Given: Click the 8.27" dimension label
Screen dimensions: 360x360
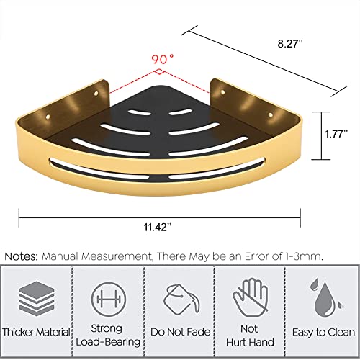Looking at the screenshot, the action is pos(290,44).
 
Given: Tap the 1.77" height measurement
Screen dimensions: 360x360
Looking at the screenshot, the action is pos(336,134).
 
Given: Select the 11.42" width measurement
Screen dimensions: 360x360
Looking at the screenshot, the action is pos(158,227).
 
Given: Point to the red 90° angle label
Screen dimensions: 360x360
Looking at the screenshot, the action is pos(162,59).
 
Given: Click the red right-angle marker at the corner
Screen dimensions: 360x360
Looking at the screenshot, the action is pos(160,71).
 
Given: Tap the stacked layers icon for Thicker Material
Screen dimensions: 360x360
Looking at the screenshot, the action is pos(37,297).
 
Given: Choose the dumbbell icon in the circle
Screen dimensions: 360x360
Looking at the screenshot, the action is pos(109,300).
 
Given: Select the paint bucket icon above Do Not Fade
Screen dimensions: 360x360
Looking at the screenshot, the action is pos(181,299).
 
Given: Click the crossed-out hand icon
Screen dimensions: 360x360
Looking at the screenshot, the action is pos(251,297).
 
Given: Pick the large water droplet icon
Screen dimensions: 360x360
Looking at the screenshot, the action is pos(325,300).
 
